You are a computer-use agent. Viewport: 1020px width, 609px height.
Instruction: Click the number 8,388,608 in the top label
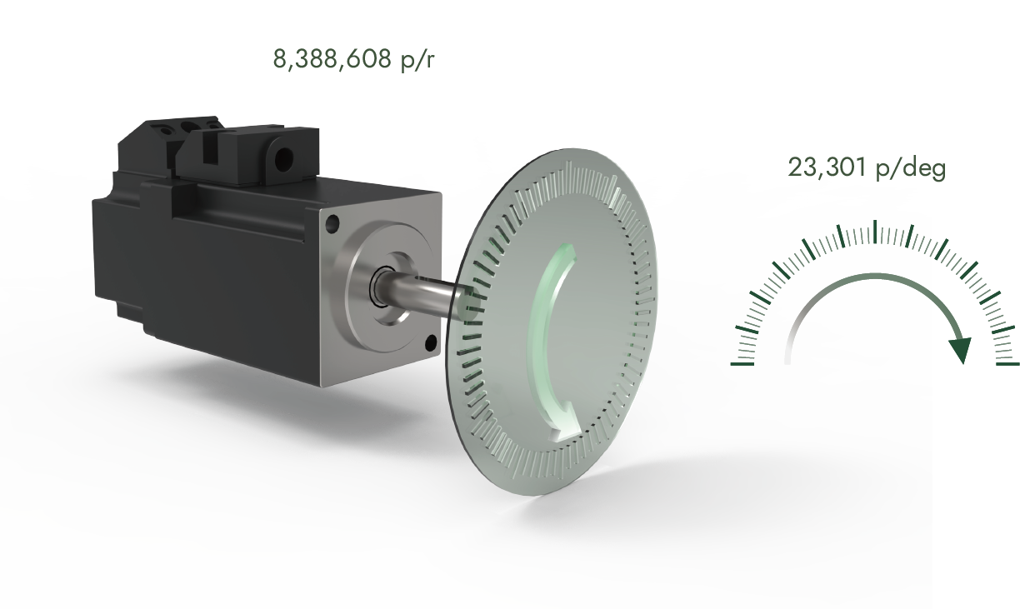(332, 60)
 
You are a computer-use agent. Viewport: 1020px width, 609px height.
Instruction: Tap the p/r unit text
(416, 60)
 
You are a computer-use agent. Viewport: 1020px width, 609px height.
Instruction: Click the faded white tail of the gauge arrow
(788, 350)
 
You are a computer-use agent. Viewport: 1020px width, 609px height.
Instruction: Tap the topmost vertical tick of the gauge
(874, 232)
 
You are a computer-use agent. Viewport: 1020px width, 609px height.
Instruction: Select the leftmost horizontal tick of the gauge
(742, 364)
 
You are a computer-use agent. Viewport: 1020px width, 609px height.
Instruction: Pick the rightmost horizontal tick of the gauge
(1007, 364)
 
